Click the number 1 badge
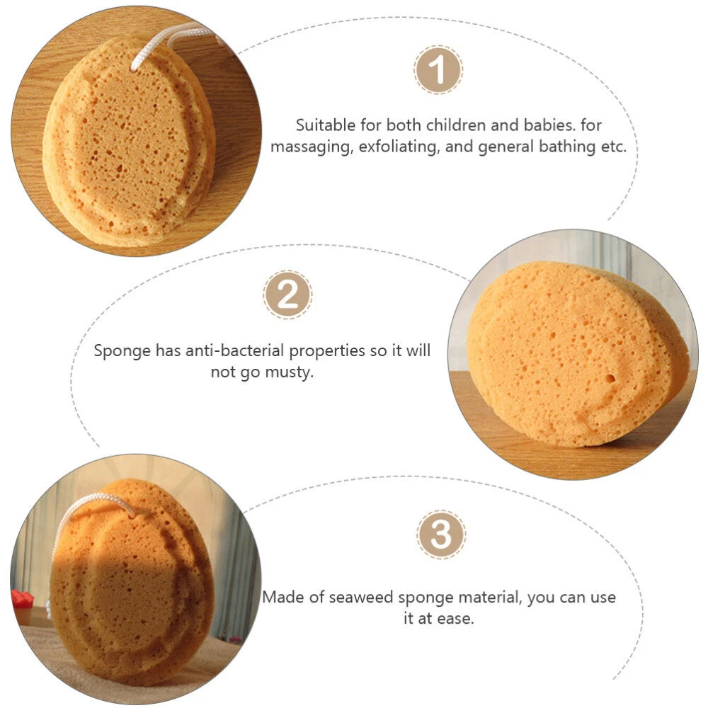[x=438, y=69]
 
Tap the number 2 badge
[x=287, y=295]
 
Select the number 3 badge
[x=441, y=535]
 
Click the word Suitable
[x=325, y=125]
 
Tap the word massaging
[x=312, y=147]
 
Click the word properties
[x=327, y=351]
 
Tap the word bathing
[x=567, y=147]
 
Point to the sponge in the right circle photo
[x=578, y=355]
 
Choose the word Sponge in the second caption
[x=122, y=351]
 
